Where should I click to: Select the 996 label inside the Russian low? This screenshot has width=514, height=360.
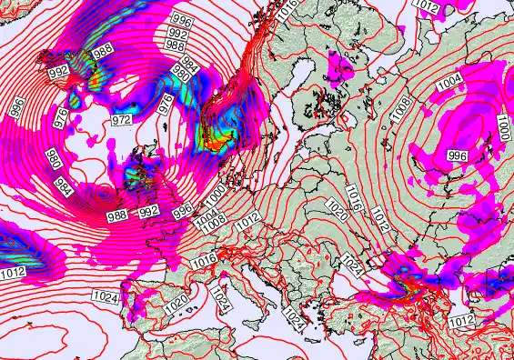(x=459, y=155)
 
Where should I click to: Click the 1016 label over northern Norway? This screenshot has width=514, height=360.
(x=288, y=7)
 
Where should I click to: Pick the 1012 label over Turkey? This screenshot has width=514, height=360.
(x=461, y=321)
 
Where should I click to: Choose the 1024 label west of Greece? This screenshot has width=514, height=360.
(x=293, y=317)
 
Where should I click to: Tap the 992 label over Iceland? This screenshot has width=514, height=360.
(x=59, y=71)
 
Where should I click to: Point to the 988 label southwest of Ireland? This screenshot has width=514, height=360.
(x=117, y=215)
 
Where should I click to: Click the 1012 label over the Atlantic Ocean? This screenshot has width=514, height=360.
(x=12, y=272)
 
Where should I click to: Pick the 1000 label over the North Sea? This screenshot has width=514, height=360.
(x=215, y=195)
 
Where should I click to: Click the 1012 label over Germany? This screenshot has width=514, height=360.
(x=247, y=220)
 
